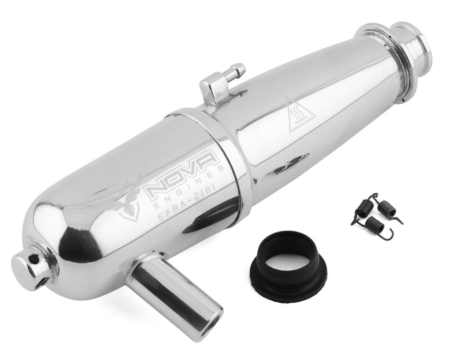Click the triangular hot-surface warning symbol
(300, 115)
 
